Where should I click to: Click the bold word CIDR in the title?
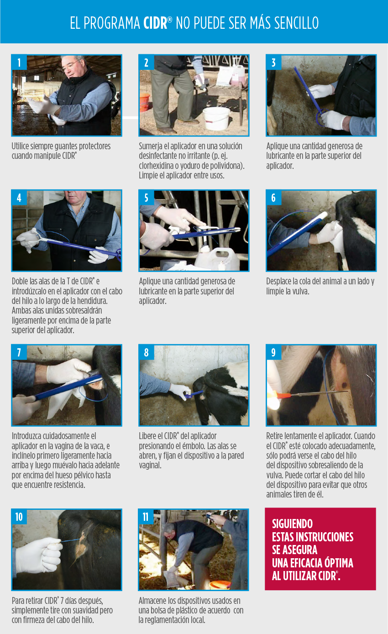click(x=156, y=23)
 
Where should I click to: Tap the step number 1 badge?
click(x=19, y=62)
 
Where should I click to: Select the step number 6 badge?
click(x=273, y=198)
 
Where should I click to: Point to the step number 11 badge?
click(x=146, y=517)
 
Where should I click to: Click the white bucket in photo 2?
click(x=216, y=118)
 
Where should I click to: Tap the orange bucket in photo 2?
click(x=144, y=102)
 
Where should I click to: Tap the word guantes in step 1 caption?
click(x=68, y=147)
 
